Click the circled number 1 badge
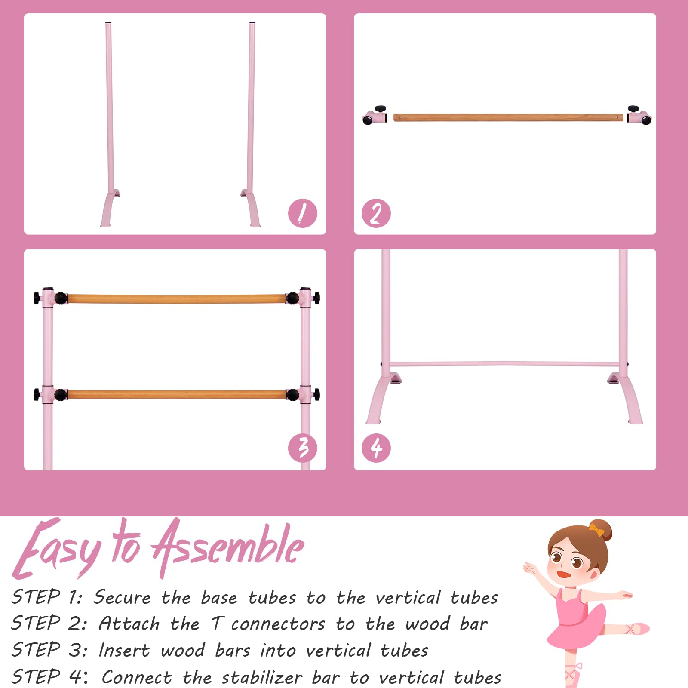[x=302, y=213]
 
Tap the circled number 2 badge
[x=376, y=213]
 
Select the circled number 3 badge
[x=302, y=448]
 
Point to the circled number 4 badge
[x=376, y=448]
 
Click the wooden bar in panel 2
[x=508, y=117]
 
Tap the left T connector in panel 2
[x=375, y=116]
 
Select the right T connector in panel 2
[x=639, y=115]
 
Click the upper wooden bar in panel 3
[x=176, y=298]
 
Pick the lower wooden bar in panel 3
[x=176, y=394]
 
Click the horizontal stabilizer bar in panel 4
[x=504, y=364]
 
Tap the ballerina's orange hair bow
[x=596, y=529]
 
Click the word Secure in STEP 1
[x=123, y=597]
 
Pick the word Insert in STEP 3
[x=125, y=650]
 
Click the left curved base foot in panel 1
[x=108, y=208]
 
